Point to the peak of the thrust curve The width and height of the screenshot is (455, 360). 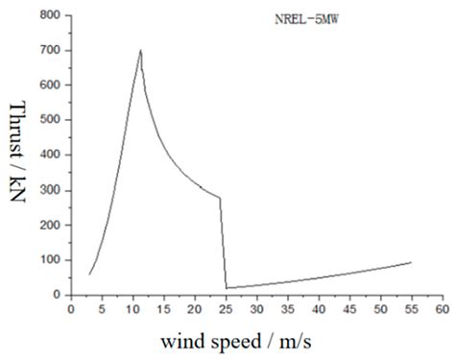pyautogui.click(x=141, y=50)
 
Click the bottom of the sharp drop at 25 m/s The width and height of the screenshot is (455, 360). pyautogui.click(x=227, y=287)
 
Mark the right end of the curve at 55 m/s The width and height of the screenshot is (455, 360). pyautogui.click(x=411, y=262)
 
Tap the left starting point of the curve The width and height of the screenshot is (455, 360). pyautogui.click(x=89, y=275)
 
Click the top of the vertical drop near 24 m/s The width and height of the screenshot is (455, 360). pyautogui.click(x=220, y=199)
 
